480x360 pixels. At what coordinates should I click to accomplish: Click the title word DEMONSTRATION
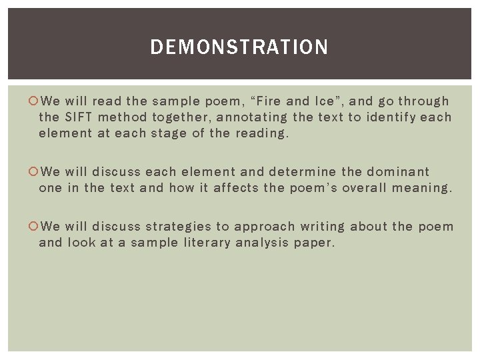coord(239,47)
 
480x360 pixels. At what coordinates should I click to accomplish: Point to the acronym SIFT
coord(79,117)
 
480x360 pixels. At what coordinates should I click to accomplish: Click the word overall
coord(365,188)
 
